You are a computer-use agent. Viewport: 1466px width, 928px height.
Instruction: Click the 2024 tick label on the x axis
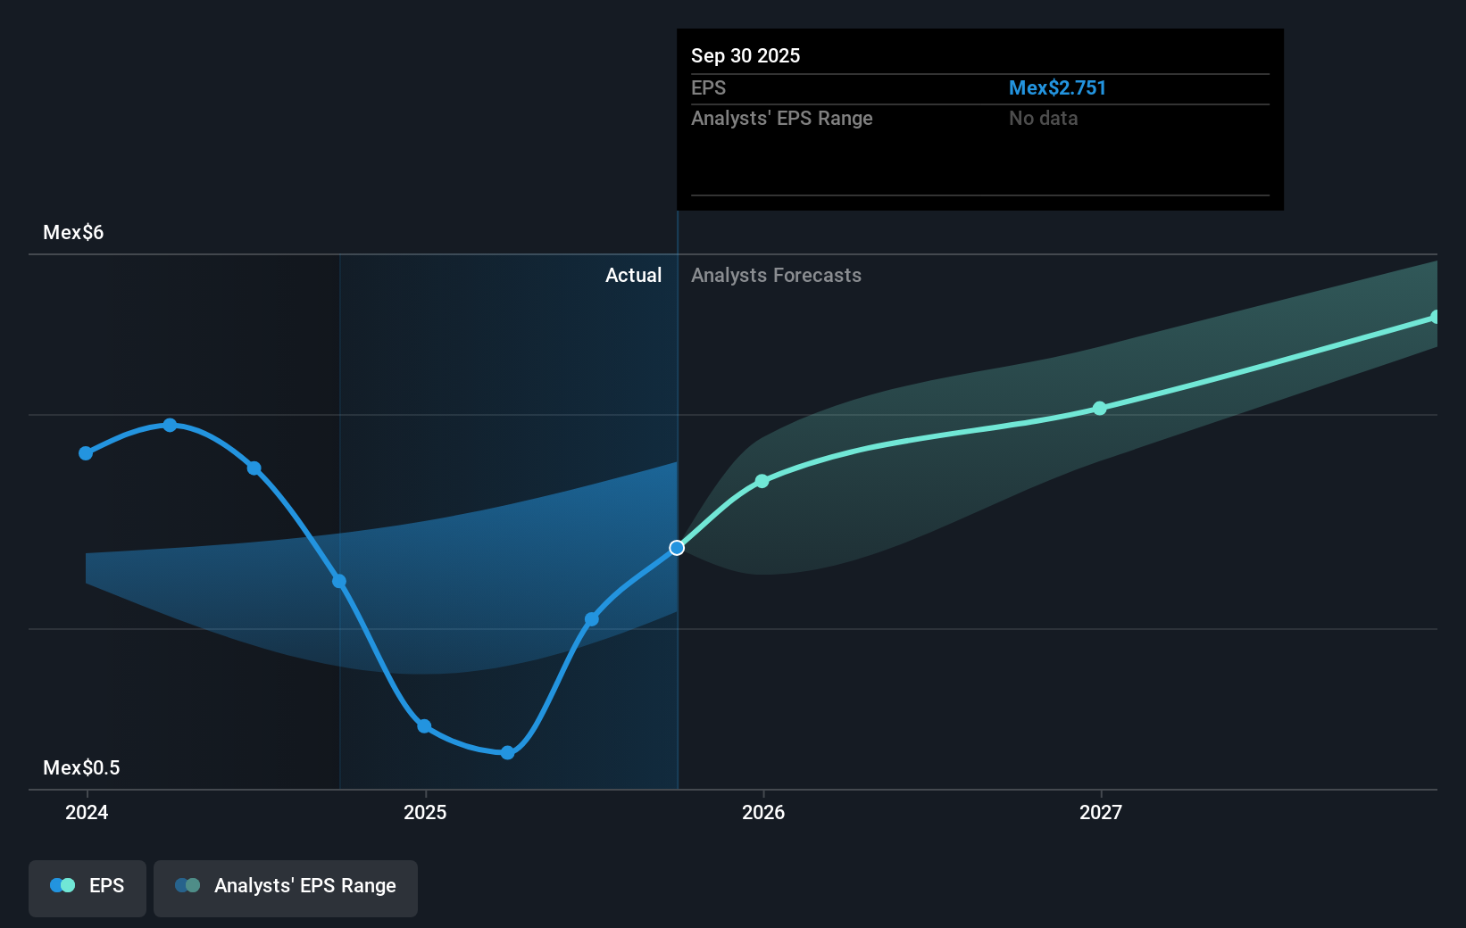87,812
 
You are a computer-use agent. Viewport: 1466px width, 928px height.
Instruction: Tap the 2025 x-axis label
425,812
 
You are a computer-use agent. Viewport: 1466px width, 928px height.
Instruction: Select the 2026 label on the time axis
763,812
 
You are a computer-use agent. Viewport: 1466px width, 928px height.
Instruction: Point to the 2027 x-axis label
1101,812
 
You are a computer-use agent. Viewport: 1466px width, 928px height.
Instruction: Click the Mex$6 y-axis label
73,233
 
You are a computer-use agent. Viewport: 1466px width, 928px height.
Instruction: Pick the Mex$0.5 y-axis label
81,768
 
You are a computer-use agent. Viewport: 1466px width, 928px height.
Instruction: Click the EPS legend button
87,886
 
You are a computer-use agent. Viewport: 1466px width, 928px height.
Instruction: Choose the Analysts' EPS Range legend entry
286,886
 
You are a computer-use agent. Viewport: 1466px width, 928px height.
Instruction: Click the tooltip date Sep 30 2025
745,56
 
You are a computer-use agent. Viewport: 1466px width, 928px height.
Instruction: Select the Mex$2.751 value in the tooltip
1057,88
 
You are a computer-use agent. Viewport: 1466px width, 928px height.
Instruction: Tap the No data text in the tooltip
1043,119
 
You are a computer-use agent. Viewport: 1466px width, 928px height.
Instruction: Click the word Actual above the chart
633,276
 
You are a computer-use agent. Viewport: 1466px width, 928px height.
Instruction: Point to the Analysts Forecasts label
776,276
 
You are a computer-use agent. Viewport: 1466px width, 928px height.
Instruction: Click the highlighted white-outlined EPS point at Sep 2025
677,548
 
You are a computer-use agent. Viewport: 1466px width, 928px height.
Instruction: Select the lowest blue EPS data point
507,753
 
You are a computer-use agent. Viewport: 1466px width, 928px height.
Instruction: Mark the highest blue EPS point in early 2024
170,426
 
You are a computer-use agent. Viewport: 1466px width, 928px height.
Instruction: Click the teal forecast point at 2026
762,481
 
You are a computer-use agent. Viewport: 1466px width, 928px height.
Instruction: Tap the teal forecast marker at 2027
1100,409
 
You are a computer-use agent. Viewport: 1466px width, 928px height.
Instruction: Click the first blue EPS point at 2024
86,453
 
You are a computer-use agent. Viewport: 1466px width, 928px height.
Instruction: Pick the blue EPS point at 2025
424,726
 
